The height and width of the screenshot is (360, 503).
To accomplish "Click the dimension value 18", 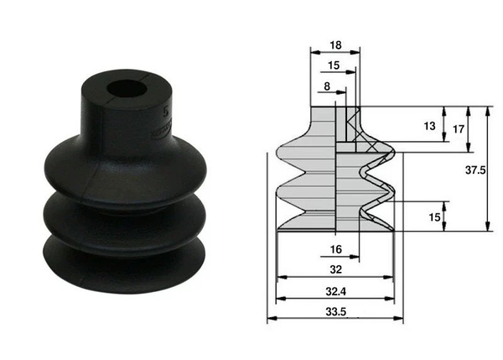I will click(x=334, y=47).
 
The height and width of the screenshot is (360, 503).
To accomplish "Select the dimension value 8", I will click(x=326, y=86).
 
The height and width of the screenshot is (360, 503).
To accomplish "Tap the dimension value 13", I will click(x=429, y=127).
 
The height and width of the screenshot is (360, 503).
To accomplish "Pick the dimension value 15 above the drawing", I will click(x=334, y=66).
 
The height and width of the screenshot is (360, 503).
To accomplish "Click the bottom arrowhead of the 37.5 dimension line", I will click(x=486, y=228).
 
